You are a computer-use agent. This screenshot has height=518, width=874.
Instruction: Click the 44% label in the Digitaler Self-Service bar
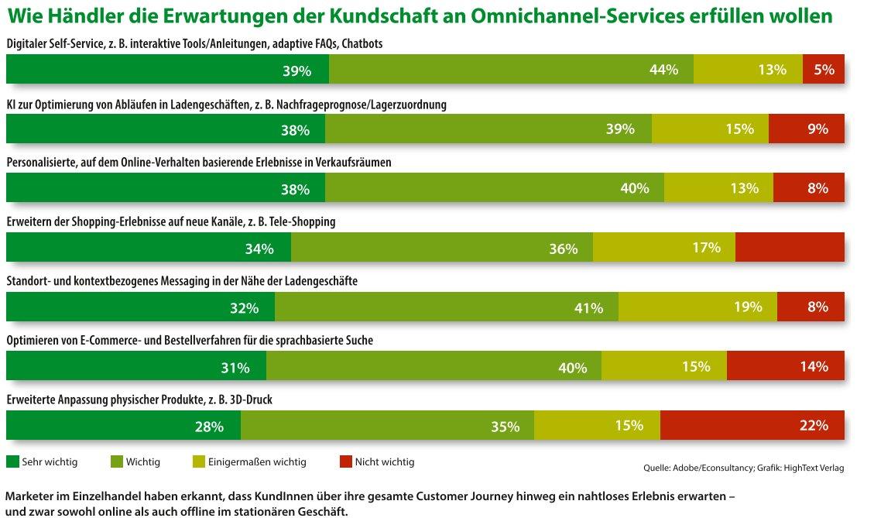click(663, 70)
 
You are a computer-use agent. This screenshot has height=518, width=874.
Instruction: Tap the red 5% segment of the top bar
click(823, 69)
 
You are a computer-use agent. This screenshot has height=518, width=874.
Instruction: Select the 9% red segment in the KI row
click(807, 129)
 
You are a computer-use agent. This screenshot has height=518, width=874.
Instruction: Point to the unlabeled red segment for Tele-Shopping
click(790, 247)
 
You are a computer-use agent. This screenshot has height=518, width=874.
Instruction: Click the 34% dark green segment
click(149, 247)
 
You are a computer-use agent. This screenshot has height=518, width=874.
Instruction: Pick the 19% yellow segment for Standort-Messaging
click(697, 307)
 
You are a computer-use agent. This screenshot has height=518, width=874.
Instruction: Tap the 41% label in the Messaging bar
click(588, 308)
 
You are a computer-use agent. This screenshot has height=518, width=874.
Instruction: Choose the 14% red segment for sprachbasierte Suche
click(786, 365)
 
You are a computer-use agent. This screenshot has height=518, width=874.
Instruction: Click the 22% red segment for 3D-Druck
click(752, 425)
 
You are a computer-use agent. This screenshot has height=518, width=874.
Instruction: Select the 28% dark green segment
click(123, 425)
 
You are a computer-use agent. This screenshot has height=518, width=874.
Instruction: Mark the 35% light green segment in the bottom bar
click(387, 425)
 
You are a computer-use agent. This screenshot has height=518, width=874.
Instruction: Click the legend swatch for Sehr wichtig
click(13, 461)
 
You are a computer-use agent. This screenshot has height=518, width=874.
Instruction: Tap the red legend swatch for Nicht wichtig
click(345, 461)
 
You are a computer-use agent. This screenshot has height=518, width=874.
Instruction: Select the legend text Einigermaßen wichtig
click(257, 462)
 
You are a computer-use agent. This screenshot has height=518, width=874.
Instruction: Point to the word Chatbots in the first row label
click(362, 43)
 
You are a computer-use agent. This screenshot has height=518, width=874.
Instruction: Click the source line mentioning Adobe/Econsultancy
click(744, 468)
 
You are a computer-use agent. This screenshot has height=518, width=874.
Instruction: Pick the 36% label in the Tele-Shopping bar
click(563, 249)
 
